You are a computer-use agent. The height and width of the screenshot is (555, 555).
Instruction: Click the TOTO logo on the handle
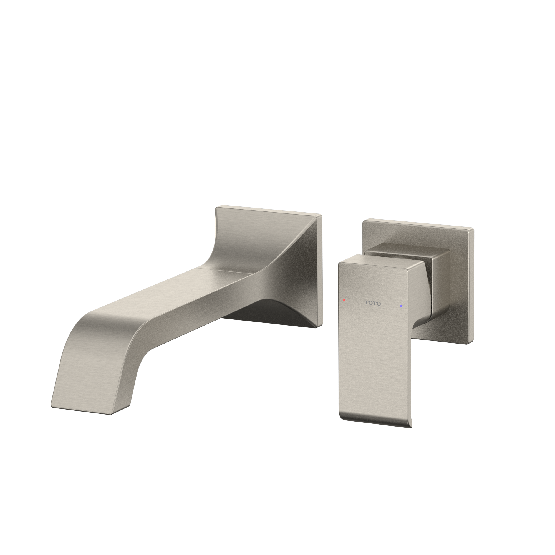[x=372, y=303]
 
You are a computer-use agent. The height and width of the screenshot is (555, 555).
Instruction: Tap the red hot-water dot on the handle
[x=344, y=300]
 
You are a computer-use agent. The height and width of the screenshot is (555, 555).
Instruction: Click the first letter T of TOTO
[x=367, y=302]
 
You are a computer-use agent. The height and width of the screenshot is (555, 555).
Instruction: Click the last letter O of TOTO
[x=378, y=304]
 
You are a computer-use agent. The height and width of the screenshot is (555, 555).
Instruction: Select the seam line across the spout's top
[x=224, y=270]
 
